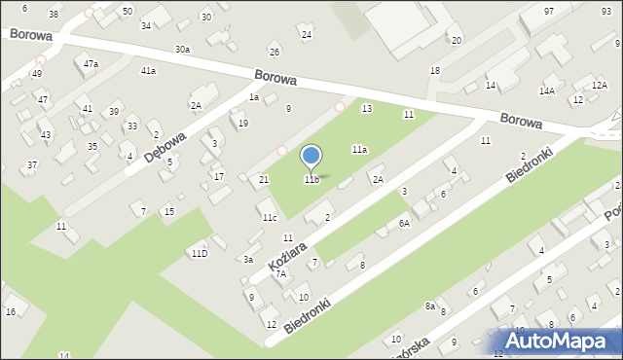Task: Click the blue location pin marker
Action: click(x=311, y=157)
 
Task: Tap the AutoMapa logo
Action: click(x=564, y=341)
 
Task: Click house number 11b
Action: click(x=311, y=179)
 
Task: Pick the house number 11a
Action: click(x=359, y=149)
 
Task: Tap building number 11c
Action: click(x=269, y=218)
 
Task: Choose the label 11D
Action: click(x=199, y=253)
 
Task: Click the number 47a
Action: click(x=91, y=63)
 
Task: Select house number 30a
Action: click(x=182, y=49)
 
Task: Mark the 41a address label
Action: click(x=148, y=71)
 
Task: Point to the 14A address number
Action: click(x=547, y=90)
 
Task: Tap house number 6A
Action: click(x=404, y=223)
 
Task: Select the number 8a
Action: click(x=429, y=306)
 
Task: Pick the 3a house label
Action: click(x=248, y=259)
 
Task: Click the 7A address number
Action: click(x=280, y=274)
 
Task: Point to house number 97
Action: click(x=549, y=11)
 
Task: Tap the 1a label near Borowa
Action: click(x=253, y=96)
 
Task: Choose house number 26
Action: click(x=275, y=52)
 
